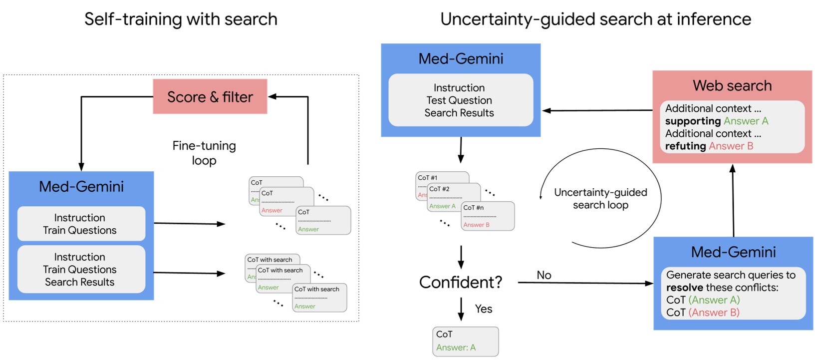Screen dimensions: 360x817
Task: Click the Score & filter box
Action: coord(210,97)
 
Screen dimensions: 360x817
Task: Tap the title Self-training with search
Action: coord(181,19)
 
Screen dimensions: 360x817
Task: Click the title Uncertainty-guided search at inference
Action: coord(595,19)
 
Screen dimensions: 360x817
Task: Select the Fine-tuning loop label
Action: coord(204,153)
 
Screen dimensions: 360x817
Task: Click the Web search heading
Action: coord(732,85)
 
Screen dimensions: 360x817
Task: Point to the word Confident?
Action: coord(460,282)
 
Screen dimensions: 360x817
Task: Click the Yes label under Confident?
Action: coord(483,309)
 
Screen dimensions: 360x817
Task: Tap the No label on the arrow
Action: coord(544,275)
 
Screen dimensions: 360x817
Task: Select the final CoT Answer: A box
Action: coord(465,341)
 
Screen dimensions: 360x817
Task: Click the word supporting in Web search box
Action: coord(692,121)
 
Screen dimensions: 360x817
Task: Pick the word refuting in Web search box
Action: coord(685,146)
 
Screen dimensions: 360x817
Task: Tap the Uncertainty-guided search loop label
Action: coord(600,199)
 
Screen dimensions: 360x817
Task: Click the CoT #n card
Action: coord(488,216)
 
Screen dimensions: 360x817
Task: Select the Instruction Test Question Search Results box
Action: coord(460,100)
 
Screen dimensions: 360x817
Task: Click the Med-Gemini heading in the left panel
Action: coord(81,186)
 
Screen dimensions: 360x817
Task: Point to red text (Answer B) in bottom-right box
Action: coord(714,313)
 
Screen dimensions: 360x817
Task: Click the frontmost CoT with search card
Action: coord(319,298)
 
